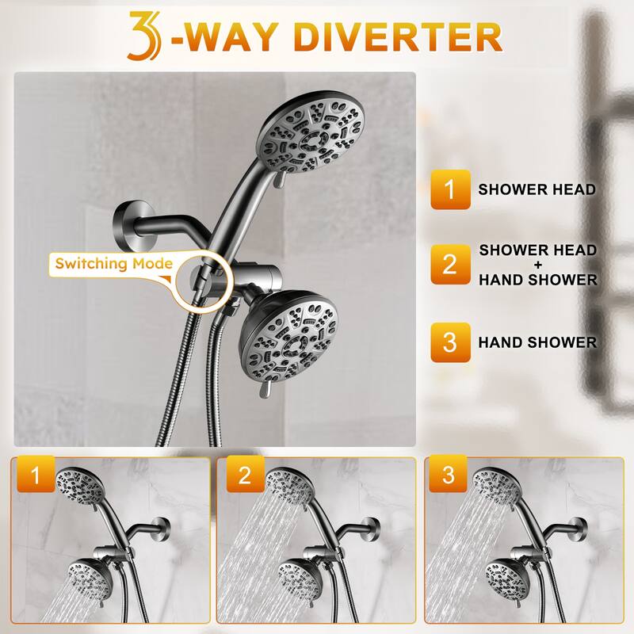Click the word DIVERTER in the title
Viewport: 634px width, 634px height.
(x=404, y=36)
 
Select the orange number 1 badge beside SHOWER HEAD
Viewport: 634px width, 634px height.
(x=450, y=190)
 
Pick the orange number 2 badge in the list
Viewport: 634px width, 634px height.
(x=450, y=264)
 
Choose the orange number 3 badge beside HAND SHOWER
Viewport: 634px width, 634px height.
(x=450, y=342)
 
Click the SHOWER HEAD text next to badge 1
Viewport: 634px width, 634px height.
(x=537, y=190)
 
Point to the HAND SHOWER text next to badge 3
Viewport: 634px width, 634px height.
(x=537, y=342)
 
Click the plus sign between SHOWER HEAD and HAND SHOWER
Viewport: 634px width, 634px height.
(x=538, y=265)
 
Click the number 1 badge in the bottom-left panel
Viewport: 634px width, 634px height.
(x=33, y=477)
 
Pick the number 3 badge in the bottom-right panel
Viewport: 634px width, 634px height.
(x=449, y=477)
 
